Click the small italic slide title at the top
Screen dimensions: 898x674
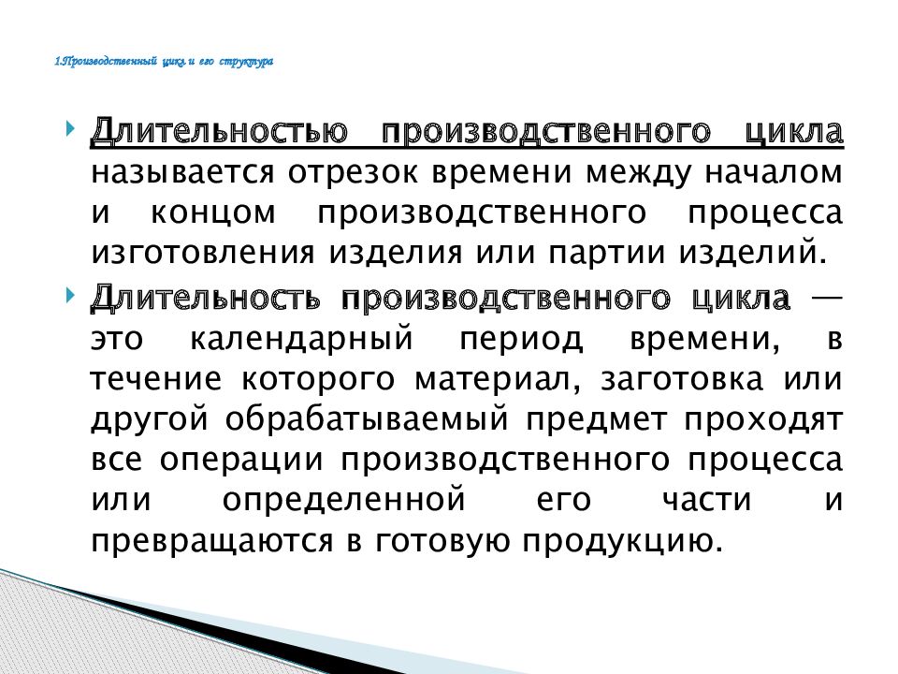click(x=164, y=62)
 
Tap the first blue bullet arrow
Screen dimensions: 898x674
click(x=71, y=129)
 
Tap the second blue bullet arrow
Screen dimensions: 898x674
click(x=71, y=296)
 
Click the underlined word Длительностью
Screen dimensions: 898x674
click(x=219, y=132)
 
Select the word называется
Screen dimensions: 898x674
click(x=182, y=172)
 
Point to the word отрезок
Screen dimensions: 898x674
click(x=353, y=172)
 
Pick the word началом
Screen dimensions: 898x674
click(x=774, y=172)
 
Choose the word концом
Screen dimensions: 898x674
click(x=213, y=213)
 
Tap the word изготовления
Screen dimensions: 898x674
click(x=203, y=253)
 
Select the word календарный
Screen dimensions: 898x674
click(x=301, y=338)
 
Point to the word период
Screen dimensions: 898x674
click(x=521, y=338)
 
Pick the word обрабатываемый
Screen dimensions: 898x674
click(x=367, y=419)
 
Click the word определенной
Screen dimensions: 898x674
click(x=343, y=500)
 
